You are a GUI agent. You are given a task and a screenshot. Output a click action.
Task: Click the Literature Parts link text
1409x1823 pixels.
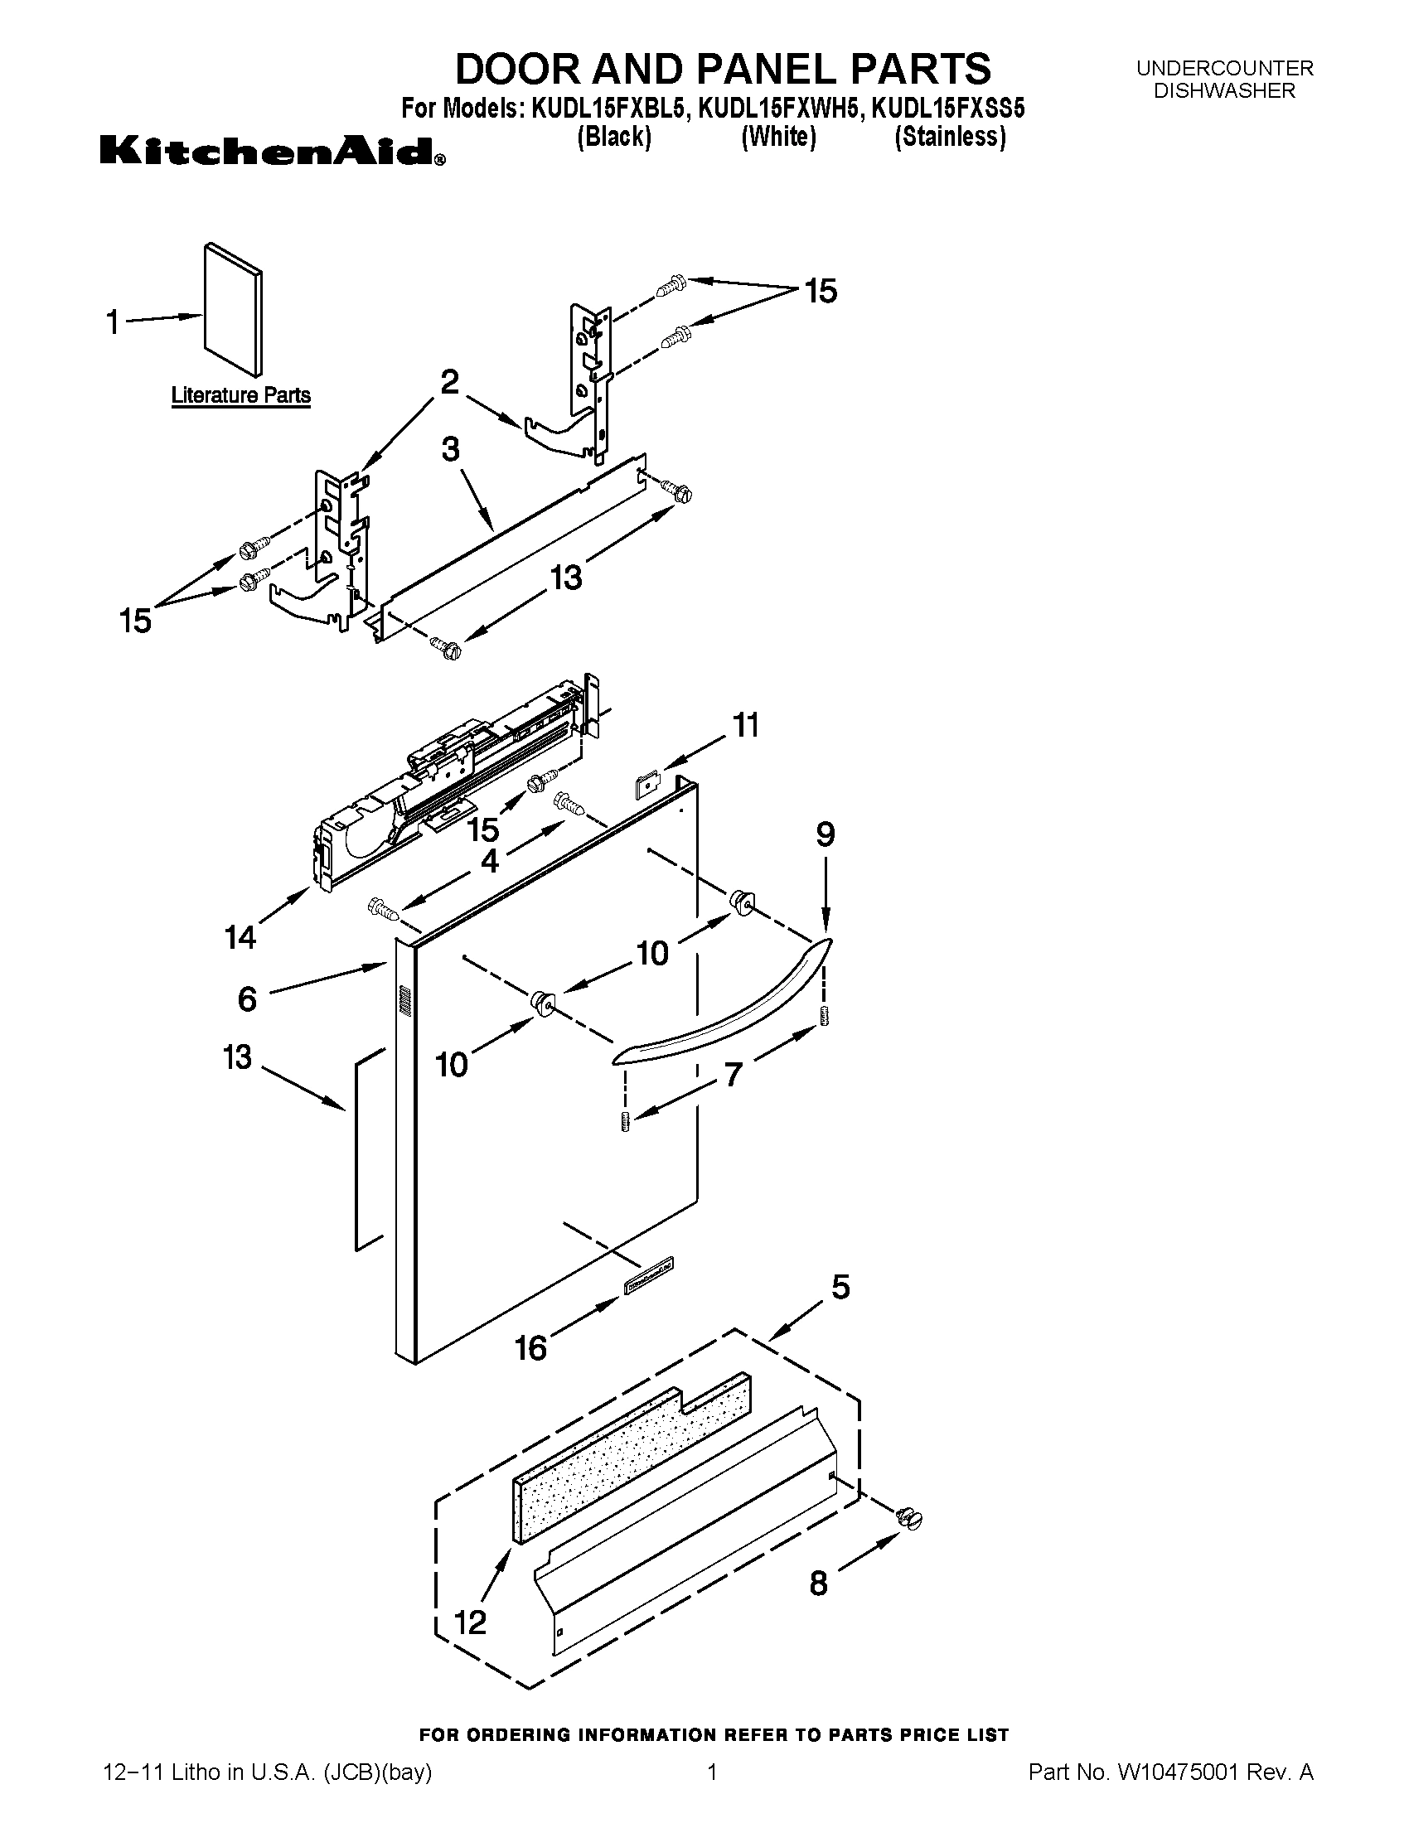[x=240, y=394]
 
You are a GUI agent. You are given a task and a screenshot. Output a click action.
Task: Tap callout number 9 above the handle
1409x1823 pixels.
[x=825, y=834]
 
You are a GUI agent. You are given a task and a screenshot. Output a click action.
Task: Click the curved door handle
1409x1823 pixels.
[x=723, y=1006]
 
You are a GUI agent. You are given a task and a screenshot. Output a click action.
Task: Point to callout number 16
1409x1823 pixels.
[x=531, y=1347]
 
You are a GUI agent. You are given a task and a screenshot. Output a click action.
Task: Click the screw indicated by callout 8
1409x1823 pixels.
[x=908, y=1518]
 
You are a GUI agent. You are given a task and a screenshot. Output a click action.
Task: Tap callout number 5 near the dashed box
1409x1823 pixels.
[x=840, y=1287]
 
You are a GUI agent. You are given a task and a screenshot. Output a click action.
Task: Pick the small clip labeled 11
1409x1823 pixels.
[x=647, y=786]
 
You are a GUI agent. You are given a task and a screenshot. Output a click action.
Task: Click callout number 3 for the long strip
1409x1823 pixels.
[x=450, y=450]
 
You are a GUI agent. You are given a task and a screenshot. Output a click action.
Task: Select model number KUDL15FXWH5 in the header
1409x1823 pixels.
[x=778, y=109]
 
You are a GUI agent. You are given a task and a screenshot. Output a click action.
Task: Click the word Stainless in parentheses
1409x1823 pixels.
[x=949, y=138]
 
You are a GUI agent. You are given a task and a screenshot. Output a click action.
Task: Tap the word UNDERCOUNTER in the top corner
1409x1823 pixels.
[x=1223, y=69]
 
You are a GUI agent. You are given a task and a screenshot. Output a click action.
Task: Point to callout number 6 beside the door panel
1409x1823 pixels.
[x=247, y=999]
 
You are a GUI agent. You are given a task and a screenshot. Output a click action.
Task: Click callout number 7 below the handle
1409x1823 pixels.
[x=733, y=1075]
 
